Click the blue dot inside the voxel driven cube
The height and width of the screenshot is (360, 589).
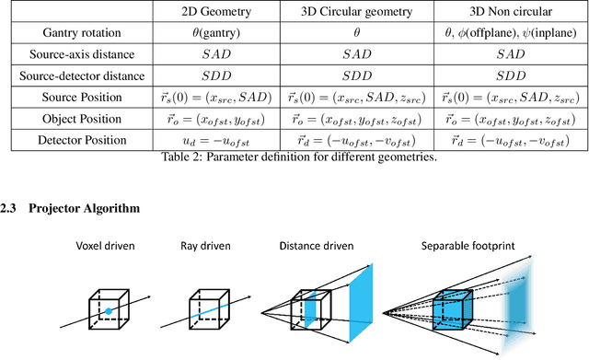[x=108, y=313]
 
